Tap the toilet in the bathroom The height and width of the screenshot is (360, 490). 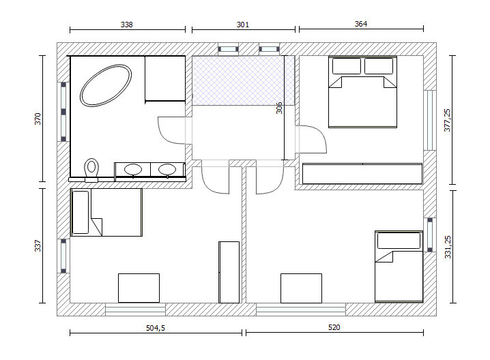pos(91,170)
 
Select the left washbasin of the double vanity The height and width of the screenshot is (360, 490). pos(133,170)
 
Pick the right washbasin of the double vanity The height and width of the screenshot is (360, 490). pos(167,170)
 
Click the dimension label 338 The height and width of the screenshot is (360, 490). pos(126,25)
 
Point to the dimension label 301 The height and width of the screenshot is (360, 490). pos(243,25)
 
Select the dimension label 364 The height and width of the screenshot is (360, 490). pos(361,24)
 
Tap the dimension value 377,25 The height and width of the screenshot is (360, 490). pos(447,120)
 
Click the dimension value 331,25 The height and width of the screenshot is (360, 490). pos(448,247)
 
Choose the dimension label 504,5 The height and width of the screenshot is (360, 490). pos(156,328)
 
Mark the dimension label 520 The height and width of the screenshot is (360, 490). pos(334,327)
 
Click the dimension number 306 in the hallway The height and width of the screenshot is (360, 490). pos(279,108)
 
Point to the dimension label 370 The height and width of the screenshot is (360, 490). pos(38,119)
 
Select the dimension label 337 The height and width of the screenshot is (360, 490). pos(38,245)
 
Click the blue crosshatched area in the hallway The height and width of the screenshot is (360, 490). pos(243,80)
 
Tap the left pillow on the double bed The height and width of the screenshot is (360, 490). pos(347,66)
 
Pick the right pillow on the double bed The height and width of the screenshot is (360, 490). pos(379,66)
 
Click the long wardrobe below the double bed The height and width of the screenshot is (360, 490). pos(362,174)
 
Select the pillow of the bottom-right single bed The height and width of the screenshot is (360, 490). pos(399,241)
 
